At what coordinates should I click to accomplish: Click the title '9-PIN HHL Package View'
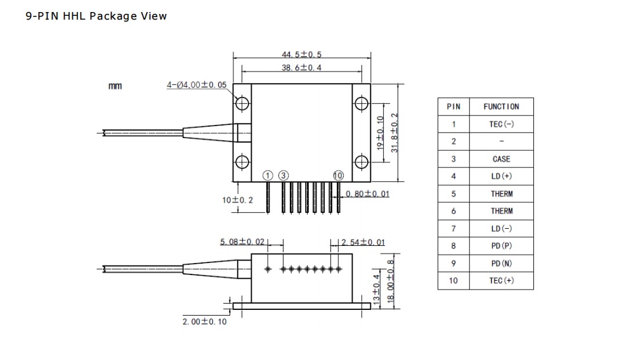pyautogui.click(x=96, y=16)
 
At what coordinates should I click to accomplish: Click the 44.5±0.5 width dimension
pyautogui.click(x=301, y=55)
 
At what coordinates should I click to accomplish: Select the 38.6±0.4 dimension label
pyautogui.click(x=301, y=68)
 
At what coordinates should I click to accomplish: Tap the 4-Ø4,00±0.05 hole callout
pyautogui.click(x=196, y=85)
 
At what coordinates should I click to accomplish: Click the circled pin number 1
pyautogui.click(x=268, y=175)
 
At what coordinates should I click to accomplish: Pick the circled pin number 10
pyautogui.click(x=338, y=175)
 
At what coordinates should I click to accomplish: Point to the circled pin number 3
pyautogui.click(x=283, y=175)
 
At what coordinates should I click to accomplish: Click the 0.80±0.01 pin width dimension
pyautogui.click(x=368, y=193)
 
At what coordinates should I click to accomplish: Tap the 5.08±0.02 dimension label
pyautogui.click(x=242, y=242)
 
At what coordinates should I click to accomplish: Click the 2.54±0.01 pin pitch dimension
pyautogui.click(x=362, y=242)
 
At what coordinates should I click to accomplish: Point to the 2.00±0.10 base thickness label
pyautogui.click(x=204, y=322)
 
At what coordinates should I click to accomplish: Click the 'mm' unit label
pyautogui.click(x=115, y=86)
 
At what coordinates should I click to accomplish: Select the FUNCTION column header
pyautogui.click(x=501, y=106)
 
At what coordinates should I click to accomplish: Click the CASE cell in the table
pyautogui.click(x=501, y=159)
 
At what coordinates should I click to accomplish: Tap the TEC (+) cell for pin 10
pyautogui.click(x=501, y=281)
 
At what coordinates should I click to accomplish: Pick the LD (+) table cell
pyautogui.click(x=501, y=176)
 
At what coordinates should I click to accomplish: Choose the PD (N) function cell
pyautogui.click(x=501, y=263)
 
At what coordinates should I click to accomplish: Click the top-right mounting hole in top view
pyautogui.click(x=361, y=103)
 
